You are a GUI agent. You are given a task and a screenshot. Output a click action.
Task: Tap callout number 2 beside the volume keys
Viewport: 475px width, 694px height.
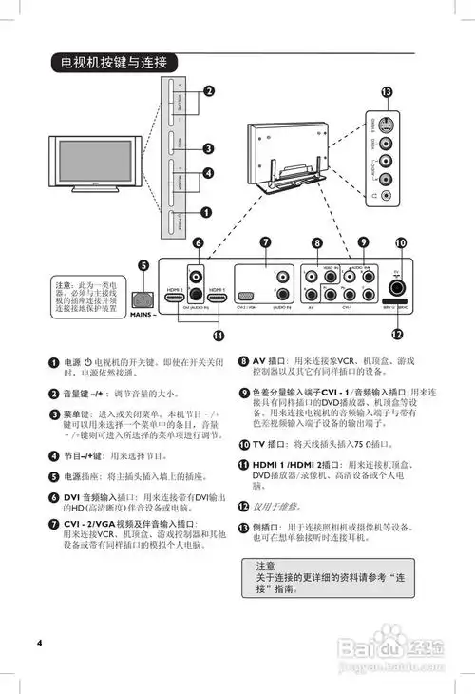point(208,91)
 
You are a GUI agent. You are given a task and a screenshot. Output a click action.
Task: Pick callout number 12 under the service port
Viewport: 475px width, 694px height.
point(398,334)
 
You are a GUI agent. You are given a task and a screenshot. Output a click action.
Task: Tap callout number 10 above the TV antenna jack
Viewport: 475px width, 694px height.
point(402,243)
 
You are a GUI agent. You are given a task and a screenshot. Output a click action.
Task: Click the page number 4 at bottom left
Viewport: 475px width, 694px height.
point(40,643)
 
